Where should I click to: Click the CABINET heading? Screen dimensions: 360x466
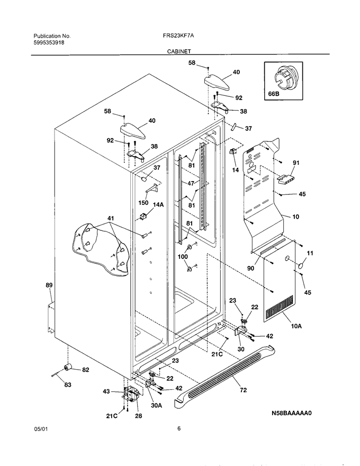(x=179, y=51)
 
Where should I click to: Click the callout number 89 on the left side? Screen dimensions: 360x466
(x=49, y=285)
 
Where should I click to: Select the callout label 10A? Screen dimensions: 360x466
(x=296, y=326)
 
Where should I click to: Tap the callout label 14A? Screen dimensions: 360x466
(x=158, y=205)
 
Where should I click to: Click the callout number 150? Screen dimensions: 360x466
(x=143, y=203)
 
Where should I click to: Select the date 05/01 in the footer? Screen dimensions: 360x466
(x=40, y=429)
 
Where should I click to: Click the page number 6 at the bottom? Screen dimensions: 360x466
(x=179, y=428)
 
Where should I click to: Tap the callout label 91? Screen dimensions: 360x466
(x=296, y=163)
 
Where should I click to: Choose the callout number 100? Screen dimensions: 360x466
(x=183, y=257)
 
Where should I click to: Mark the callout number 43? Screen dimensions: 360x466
(x=106, y=392)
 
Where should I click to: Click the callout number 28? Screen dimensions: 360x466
(x=138, y=416)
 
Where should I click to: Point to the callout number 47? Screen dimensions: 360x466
(x=191, y=184)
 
